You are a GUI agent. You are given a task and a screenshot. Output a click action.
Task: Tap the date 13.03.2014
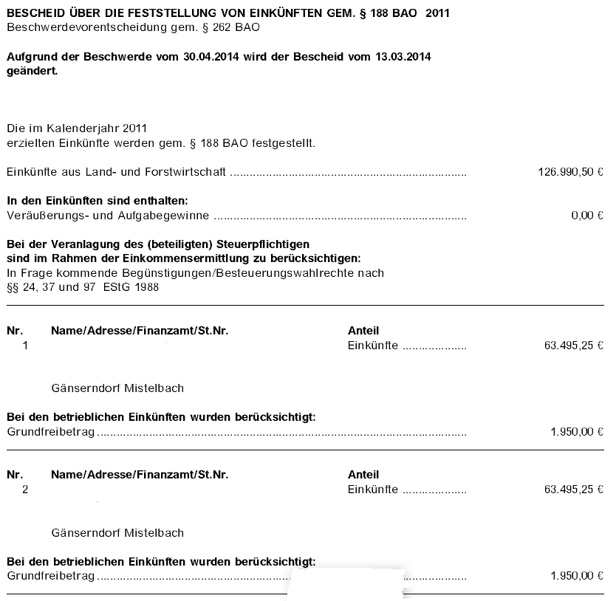(x=404, y=57)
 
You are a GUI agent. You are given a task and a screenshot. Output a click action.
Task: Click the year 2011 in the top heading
(x=437, y=13)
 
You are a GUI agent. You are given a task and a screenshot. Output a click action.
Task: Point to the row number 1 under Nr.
(x=26, y=345)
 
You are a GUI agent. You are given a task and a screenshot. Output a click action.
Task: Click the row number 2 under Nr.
(x=26, y=489)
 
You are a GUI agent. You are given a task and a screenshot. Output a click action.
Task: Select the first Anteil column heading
(x=363, y=331)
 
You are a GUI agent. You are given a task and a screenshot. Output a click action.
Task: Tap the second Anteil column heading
(x=363, y=475)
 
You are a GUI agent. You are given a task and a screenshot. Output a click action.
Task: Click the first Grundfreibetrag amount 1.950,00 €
(x=576, y=432)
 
